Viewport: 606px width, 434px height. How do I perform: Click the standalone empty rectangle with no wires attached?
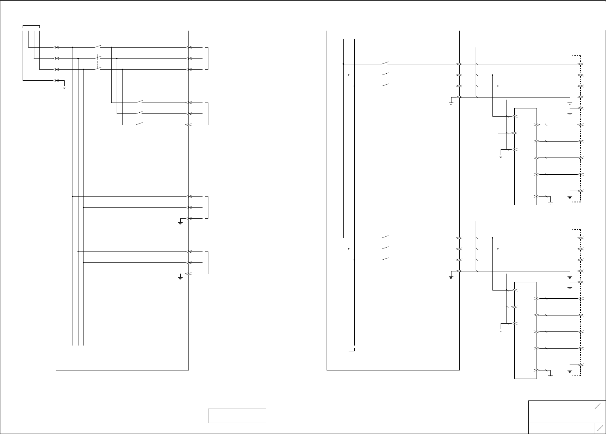[x=237, y=416]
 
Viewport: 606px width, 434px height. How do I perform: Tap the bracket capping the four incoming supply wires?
[x=31, y=26]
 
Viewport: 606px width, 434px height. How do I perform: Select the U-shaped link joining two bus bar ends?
[x=352, y=350]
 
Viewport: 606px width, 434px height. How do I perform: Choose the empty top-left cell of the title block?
[x=553, y=406]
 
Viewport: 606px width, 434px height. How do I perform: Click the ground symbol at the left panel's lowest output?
[x=180, y=278]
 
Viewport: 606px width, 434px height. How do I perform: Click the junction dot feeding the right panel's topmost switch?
[x=343, y=64]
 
